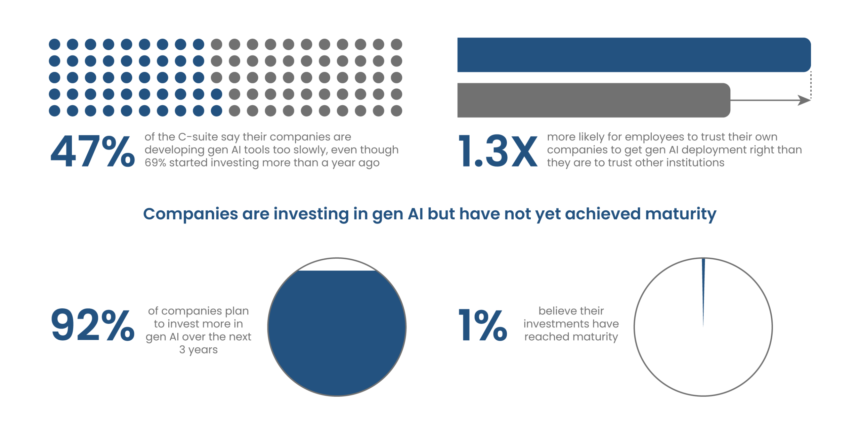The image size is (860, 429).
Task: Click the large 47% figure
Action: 93,151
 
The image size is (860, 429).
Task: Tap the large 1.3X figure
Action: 498,151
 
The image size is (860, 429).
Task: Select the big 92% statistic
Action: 93,325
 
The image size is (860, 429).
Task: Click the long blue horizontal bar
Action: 634,55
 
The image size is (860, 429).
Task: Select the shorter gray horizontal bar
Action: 594,100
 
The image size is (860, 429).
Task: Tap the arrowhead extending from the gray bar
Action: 804,100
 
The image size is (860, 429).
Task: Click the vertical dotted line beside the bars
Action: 811,85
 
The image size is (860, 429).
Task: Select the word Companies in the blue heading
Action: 190,214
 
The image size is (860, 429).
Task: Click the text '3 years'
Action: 199,350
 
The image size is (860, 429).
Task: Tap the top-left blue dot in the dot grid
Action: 54,44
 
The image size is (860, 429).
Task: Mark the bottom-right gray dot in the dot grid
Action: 396,111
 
